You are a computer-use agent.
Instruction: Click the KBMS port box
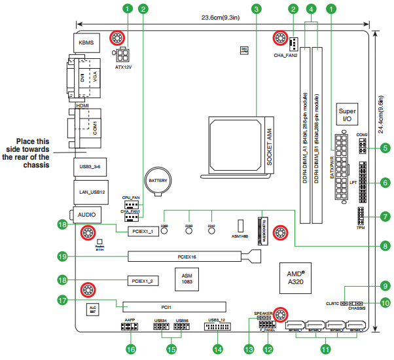[86, 44]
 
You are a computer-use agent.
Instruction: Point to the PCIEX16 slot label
[187, 257]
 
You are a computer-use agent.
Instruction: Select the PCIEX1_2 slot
[142, 281]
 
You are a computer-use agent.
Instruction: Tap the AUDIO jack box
[86, 214]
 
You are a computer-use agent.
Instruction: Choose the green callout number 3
[257, 9]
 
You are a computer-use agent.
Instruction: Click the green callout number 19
[63, 256]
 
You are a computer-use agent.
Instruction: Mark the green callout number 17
[63, 301]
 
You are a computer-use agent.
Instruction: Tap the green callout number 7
[385, 215]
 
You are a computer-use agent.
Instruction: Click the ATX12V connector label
[124, 67]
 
